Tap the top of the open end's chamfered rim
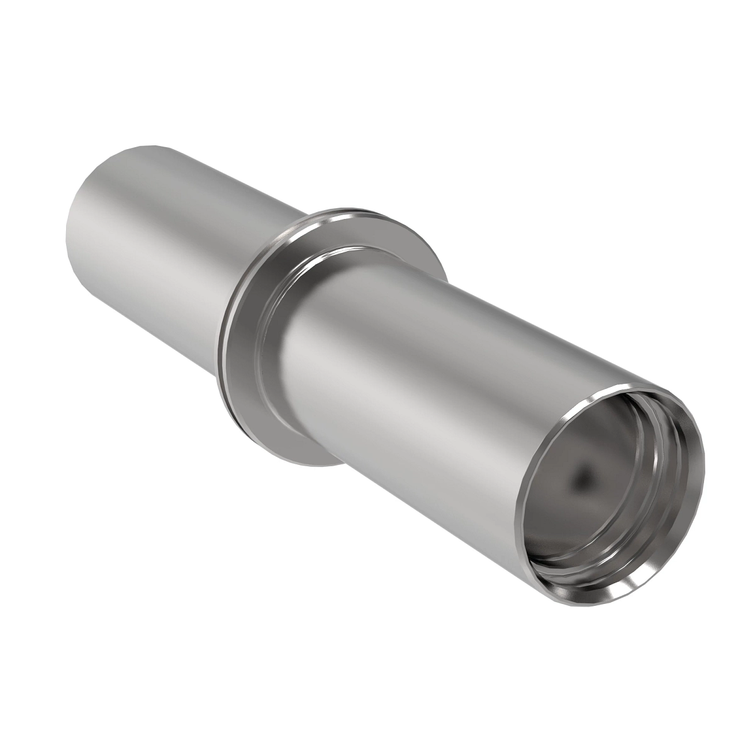[x=629, y=385]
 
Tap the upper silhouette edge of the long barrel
[x=503, y=315]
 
